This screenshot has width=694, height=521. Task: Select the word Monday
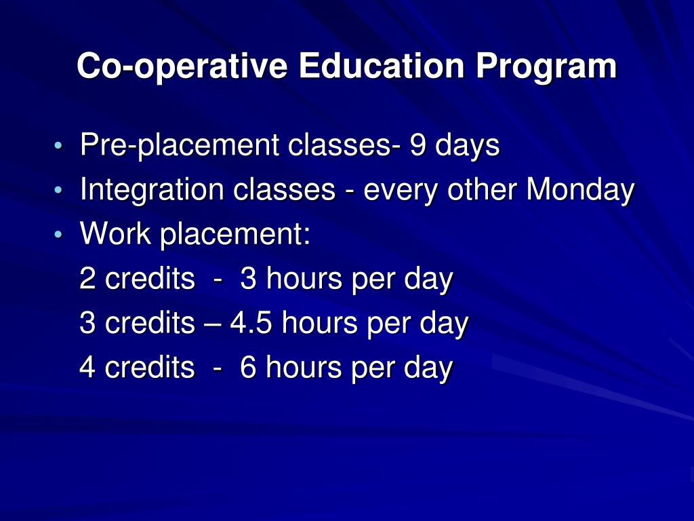580,191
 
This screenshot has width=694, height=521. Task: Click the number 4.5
251,324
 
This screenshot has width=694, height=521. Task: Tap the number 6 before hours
248,368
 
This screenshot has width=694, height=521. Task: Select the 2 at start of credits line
87,279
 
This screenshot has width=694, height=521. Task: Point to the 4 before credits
87,368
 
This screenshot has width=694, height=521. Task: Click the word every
401,191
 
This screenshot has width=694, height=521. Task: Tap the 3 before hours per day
248,279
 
